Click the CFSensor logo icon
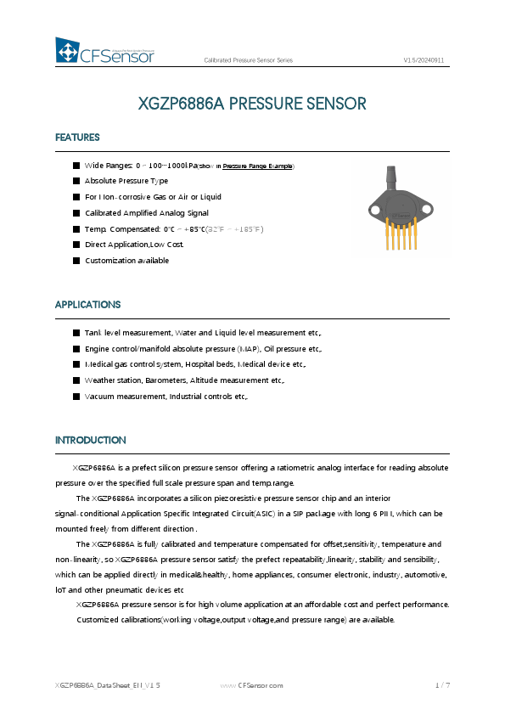click(x=67, y=52)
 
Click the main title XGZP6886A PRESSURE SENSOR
click(x=252, y=104)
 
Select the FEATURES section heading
click(x=77, y=138)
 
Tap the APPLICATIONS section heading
click(x=87, y=304)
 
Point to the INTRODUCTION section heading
click(x=90, y=440)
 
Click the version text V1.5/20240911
click(x=424, y=60)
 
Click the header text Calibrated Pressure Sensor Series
click(x=249, y=60)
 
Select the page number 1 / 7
click(x=442, y=684)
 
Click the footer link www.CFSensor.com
click(x=251, y=684)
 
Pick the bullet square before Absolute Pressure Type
click(x=76, y=181)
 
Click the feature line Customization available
click(x=126, y=261)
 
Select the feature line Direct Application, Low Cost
click(x=134, y=245)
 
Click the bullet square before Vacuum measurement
click(x=76, y=397)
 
